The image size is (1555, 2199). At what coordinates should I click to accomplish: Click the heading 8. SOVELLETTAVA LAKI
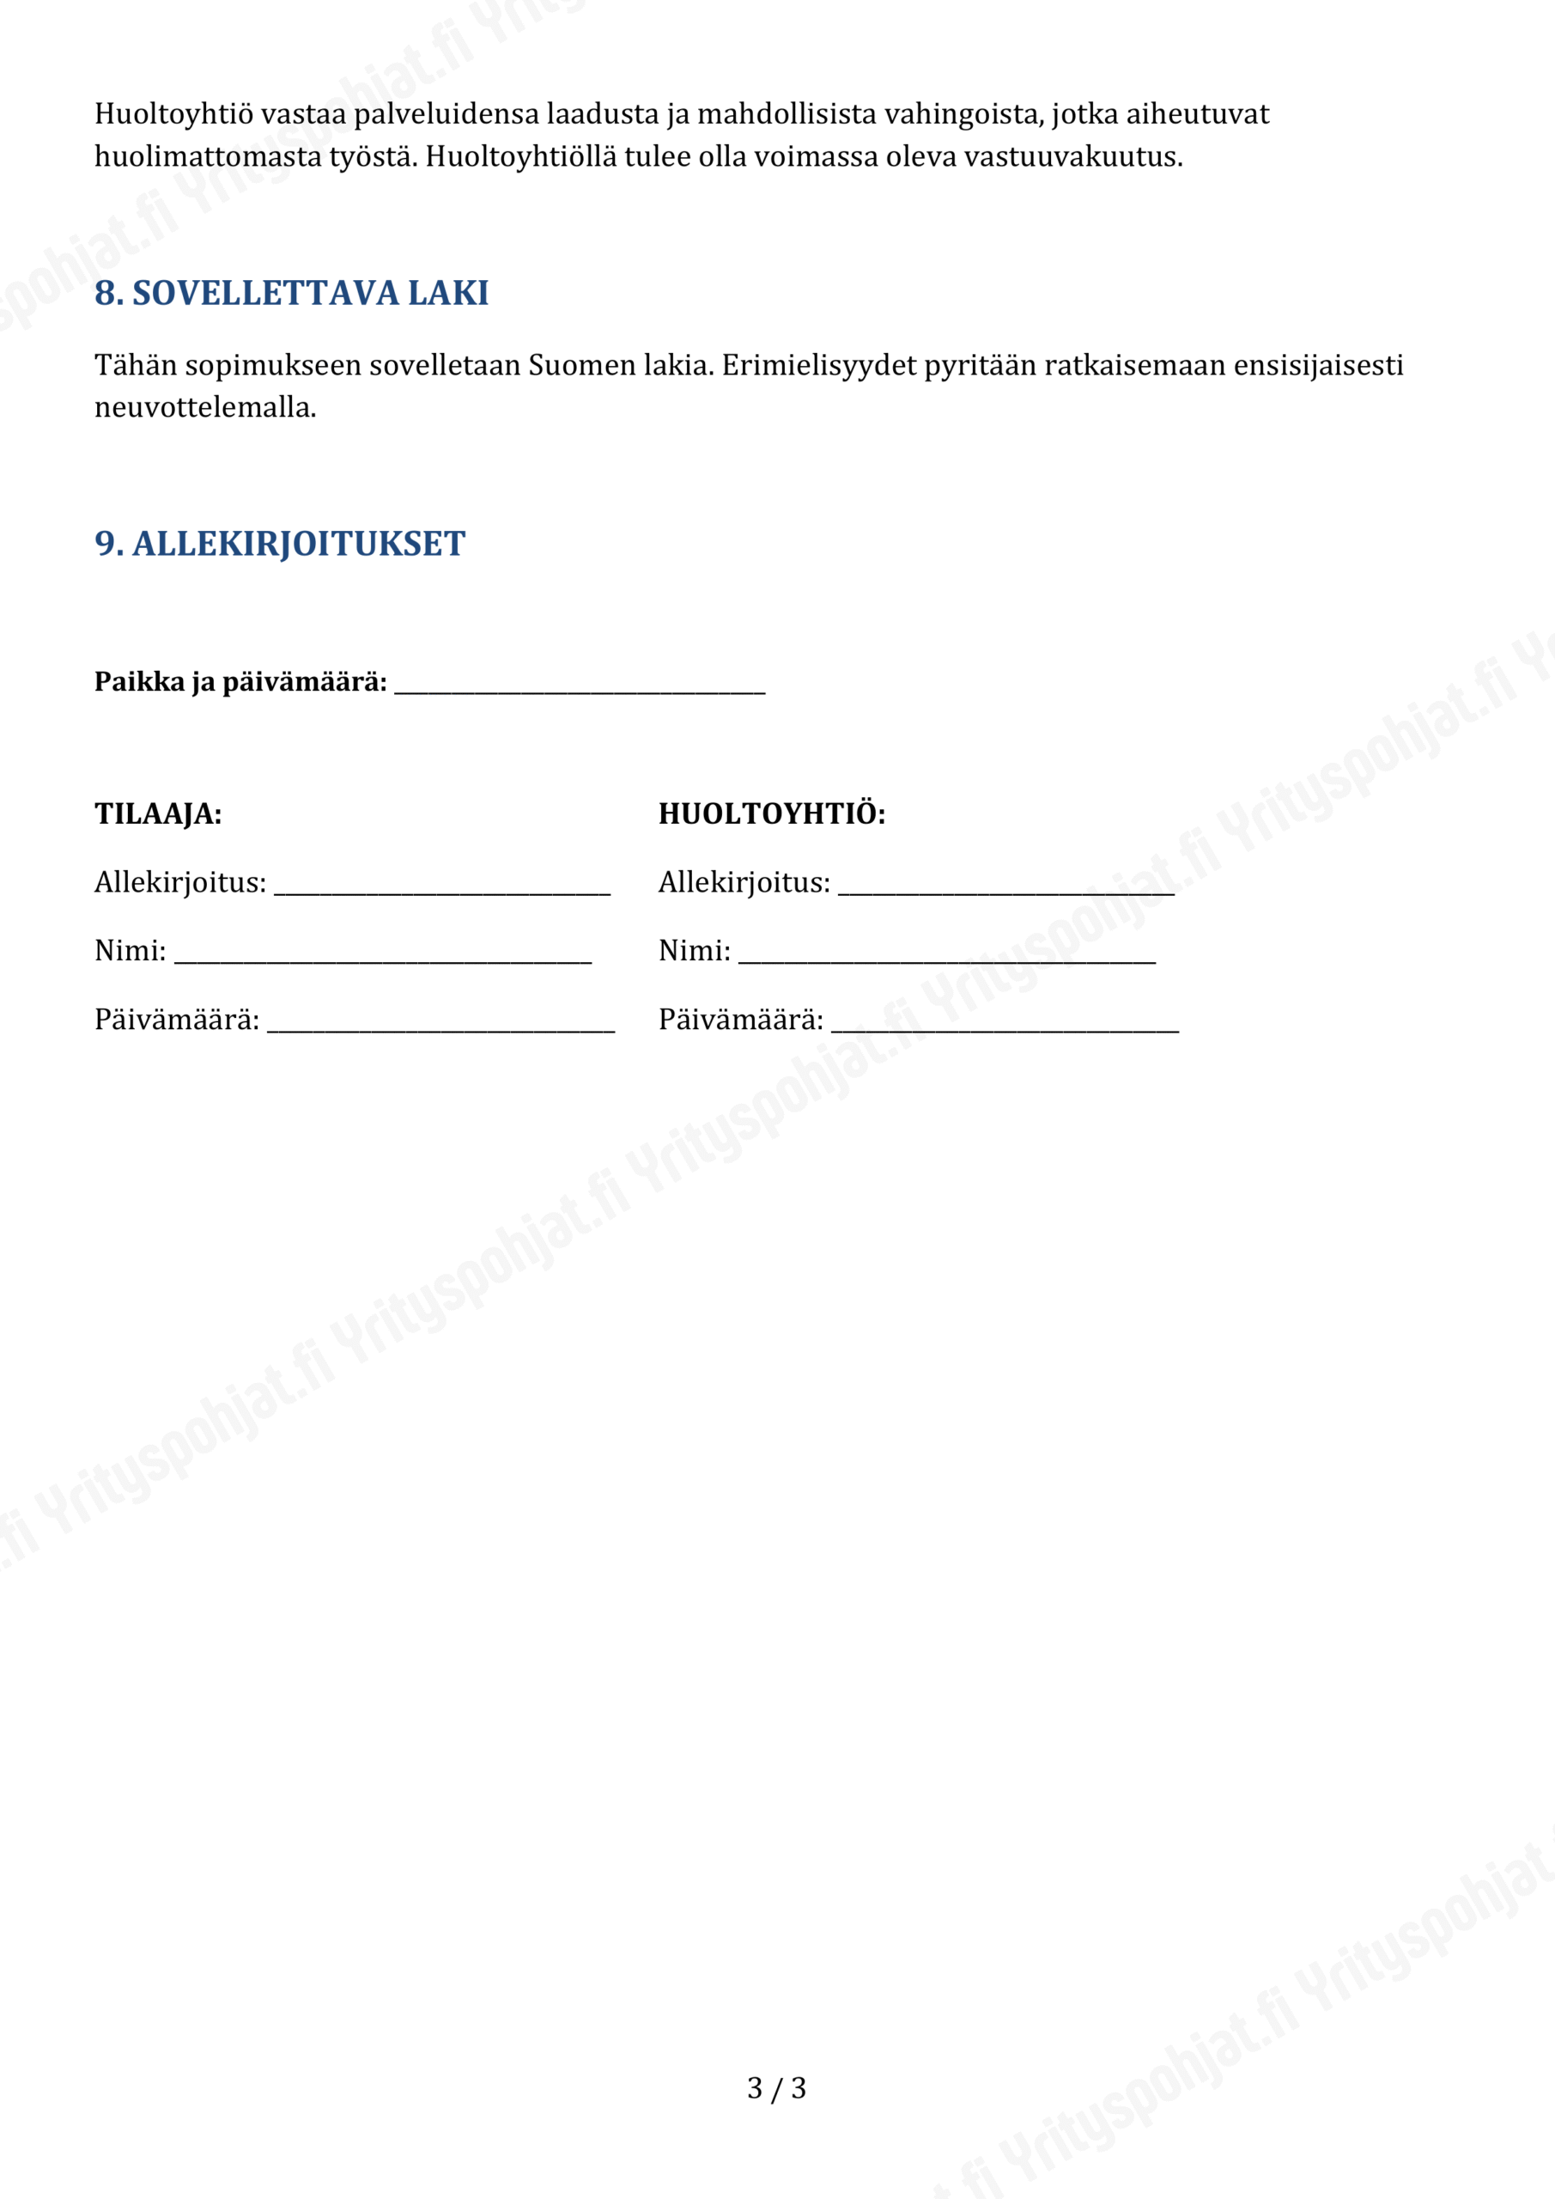coord(291,293)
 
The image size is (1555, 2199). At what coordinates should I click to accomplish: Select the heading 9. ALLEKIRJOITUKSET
coord(280,544)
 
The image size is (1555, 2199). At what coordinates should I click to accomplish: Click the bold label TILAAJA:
coord(158,814)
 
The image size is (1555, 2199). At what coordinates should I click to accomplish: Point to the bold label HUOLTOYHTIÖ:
coord(772,814)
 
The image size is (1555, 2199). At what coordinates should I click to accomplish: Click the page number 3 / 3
coord(776,2088)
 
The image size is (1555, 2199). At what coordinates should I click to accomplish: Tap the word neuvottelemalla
coord(204,408)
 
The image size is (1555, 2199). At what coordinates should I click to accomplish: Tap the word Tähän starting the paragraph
coord(136,366)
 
